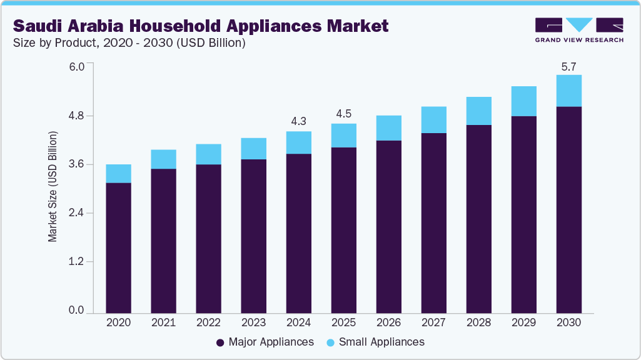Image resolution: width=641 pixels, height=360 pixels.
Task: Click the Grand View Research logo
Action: click(579, 29)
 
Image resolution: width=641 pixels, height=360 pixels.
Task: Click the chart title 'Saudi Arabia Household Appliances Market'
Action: click(201, 26)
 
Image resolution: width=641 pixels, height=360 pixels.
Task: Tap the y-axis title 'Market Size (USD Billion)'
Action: click(53, 187)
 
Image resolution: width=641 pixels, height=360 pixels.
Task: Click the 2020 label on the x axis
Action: click(118, 323)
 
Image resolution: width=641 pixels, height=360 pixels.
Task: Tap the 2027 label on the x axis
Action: click(433, 323)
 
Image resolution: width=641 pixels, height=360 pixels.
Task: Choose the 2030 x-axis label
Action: click(568, 323)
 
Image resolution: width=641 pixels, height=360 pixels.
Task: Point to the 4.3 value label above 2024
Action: click(298, 121)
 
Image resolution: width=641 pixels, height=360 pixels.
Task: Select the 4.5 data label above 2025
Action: click(343, 113)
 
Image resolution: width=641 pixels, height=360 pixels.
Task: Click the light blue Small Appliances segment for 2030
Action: click(568, 91)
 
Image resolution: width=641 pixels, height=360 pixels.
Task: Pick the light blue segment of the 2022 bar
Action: click(208, 154)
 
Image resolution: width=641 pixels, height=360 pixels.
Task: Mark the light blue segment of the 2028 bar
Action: click(478, 111)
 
